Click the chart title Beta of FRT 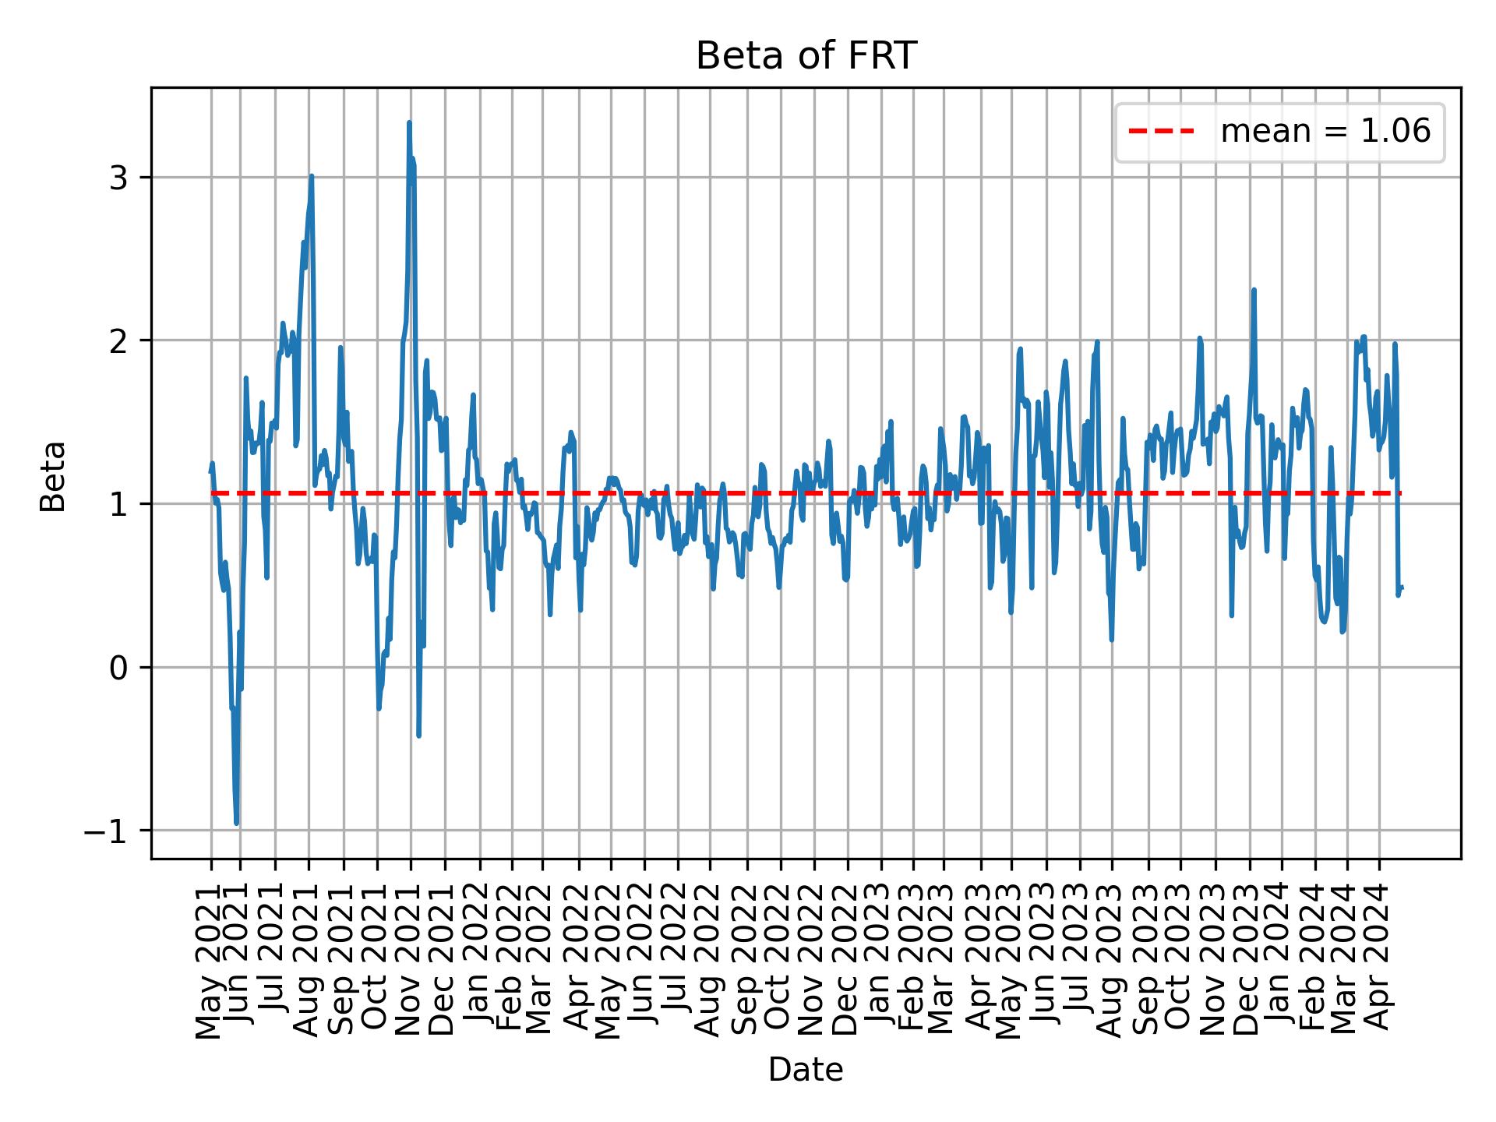tap(806, 56)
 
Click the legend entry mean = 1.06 tap(1325, 132)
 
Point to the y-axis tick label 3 tap(118, 178)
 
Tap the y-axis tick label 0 tap(118, 668)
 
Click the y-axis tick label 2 tap(118, 340)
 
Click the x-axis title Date tap(806, 1071)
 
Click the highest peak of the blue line tap(409, 122)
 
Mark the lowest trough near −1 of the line tap(236, 823)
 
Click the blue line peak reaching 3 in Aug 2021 tap(311, 176)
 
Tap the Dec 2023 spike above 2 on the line tap(1254, 290)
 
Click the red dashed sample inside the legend tap(1161, 132)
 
